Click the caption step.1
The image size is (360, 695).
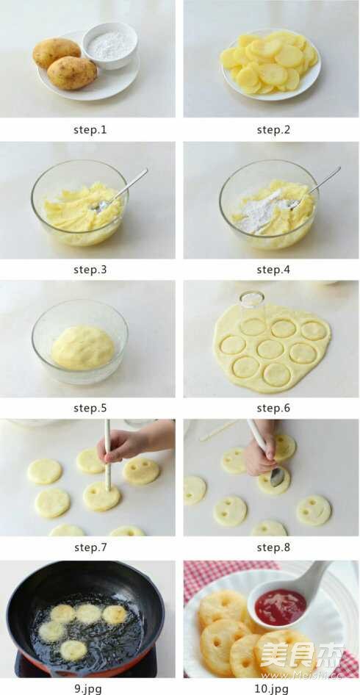90,130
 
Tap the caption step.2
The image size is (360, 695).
273,130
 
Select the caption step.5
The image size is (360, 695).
90,408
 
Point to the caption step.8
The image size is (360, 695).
273,548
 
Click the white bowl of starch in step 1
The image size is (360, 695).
110,46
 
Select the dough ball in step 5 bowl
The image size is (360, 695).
83,347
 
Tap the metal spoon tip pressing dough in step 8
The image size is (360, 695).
277,477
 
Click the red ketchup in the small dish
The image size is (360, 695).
280,607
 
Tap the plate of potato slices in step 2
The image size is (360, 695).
271,65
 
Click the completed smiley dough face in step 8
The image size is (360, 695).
314,511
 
